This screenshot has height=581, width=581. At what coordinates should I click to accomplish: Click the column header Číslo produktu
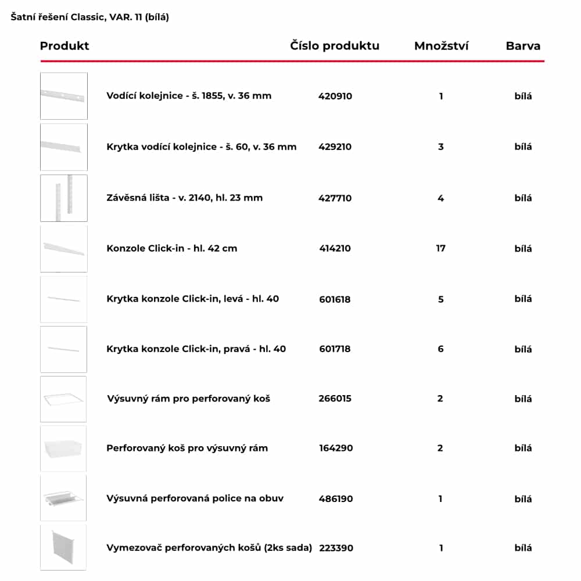click(335, 46)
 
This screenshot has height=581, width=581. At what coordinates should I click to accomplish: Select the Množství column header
click(441, 46)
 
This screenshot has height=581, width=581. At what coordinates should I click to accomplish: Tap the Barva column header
click(523, 46)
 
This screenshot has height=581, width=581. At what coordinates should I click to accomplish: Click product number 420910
click(335, 96)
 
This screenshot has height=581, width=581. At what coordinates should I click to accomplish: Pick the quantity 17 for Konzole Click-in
click(441, 249)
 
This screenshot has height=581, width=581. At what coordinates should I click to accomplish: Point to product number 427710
click(335, 198)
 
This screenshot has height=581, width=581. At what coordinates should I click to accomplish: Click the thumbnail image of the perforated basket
click(63, 449)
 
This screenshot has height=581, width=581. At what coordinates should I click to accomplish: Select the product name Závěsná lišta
click(184, 198)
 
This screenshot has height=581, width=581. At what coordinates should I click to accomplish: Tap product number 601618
click(335, 299)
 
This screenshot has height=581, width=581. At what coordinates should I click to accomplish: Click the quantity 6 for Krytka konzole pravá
click(440, 349)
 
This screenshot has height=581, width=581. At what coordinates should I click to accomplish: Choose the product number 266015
click(335, 399)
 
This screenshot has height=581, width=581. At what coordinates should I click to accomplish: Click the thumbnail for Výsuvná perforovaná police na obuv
click(63, 498)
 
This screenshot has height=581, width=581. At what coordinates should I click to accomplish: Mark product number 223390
click(336, 548)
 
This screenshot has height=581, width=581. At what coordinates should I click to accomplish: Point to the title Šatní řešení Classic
click(89, 17)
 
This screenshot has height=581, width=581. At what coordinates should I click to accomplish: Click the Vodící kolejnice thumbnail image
click(63, 96)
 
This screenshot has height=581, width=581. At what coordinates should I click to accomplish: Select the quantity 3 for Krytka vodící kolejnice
click(440, 147)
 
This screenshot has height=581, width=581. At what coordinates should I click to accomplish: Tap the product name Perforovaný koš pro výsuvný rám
click(187, 449)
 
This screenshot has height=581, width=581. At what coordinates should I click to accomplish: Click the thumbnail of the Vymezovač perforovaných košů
click(63, 547)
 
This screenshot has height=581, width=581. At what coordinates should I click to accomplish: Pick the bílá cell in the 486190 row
click(523, 498)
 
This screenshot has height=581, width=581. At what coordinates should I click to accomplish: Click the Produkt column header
click(64, 46)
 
